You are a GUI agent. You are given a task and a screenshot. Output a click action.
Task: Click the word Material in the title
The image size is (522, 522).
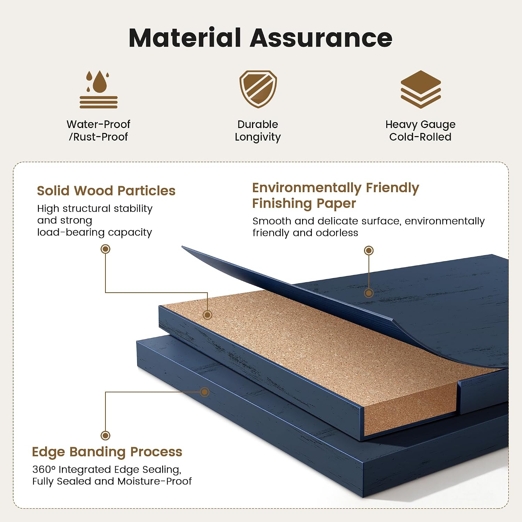coord(185,38)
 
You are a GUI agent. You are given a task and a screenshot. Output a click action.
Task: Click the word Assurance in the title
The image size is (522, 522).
coord(321,38)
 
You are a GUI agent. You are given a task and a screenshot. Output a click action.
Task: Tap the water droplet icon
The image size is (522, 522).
coord(98,89)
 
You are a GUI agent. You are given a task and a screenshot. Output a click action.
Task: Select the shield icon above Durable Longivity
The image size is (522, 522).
coord(258,89)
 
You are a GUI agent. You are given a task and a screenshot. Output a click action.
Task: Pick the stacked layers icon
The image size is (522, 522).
coord(421,89)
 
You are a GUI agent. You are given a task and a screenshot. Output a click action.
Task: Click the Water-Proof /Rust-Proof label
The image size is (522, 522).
coord(98,130)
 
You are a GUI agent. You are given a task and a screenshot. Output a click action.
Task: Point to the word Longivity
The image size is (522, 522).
coord(258,137)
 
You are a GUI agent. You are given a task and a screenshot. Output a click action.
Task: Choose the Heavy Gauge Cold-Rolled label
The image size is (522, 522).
coord(420,130)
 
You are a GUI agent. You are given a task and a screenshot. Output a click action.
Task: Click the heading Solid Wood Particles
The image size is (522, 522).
coord(106,191)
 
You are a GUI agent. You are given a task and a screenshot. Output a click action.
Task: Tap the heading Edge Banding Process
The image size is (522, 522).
coord(107,452)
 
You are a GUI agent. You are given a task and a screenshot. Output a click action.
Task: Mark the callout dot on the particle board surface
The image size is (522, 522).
coord(207,315)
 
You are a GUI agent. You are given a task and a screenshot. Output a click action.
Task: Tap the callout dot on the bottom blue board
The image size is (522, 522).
coord(205,392)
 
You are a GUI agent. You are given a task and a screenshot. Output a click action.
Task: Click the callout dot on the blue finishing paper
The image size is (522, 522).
coord(369,293)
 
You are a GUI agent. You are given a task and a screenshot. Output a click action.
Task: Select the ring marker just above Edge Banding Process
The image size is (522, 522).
coord(105,435)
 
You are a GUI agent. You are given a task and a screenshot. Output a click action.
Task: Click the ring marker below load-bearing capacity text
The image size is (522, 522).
coord(105,249)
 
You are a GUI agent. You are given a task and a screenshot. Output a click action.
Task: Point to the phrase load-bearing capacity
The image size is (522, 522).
coord(95,232)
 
